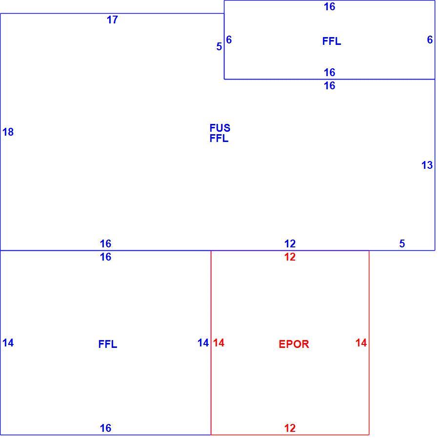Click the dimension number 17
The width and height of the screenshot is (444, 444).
[112, 20]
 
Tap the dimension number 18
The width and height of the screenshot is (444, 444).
[8, 132]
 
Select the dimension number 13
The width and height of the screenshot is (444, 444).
[427, 165]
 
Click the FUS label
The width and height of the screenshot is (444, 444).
[220, 128]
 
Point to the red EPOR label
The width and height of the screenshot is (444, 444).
[294, 344]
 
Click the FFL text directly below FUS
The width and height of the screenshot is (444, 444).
[219, 139]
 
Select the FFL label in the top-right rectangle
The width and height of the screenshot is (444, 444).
[332, 41]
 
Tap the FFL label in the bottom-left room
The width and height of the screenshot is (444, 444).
[108, 344]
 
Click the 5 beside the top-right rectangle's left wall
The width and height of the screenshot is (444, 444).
[219, 46]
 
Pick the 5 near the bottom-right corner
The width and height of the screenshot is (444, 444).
[402, 243]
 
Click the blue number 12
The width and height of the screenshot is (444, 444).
[290, 243]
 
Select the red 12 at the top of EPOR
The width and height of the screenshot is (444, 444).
[290, 257]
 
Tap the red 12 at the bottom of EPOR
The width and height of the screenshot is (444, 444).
[290, 428]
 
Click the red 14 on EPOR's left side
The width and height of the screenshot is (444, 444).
[219, 343]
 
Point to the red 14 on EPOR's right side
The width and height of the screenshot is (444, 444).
[361, 343]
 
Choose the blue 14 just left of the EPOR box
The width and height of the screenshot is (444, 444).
[203, 343]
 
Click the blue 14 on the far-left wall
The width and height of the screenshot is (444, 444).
[8, 343]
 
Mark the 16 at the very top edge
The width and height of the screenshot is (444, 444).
[330, 6]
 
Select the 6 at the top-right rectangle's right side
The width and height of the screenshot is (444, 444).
[430, 40]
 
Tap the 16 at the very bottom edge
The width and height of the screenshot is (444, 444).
[105, 428]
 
